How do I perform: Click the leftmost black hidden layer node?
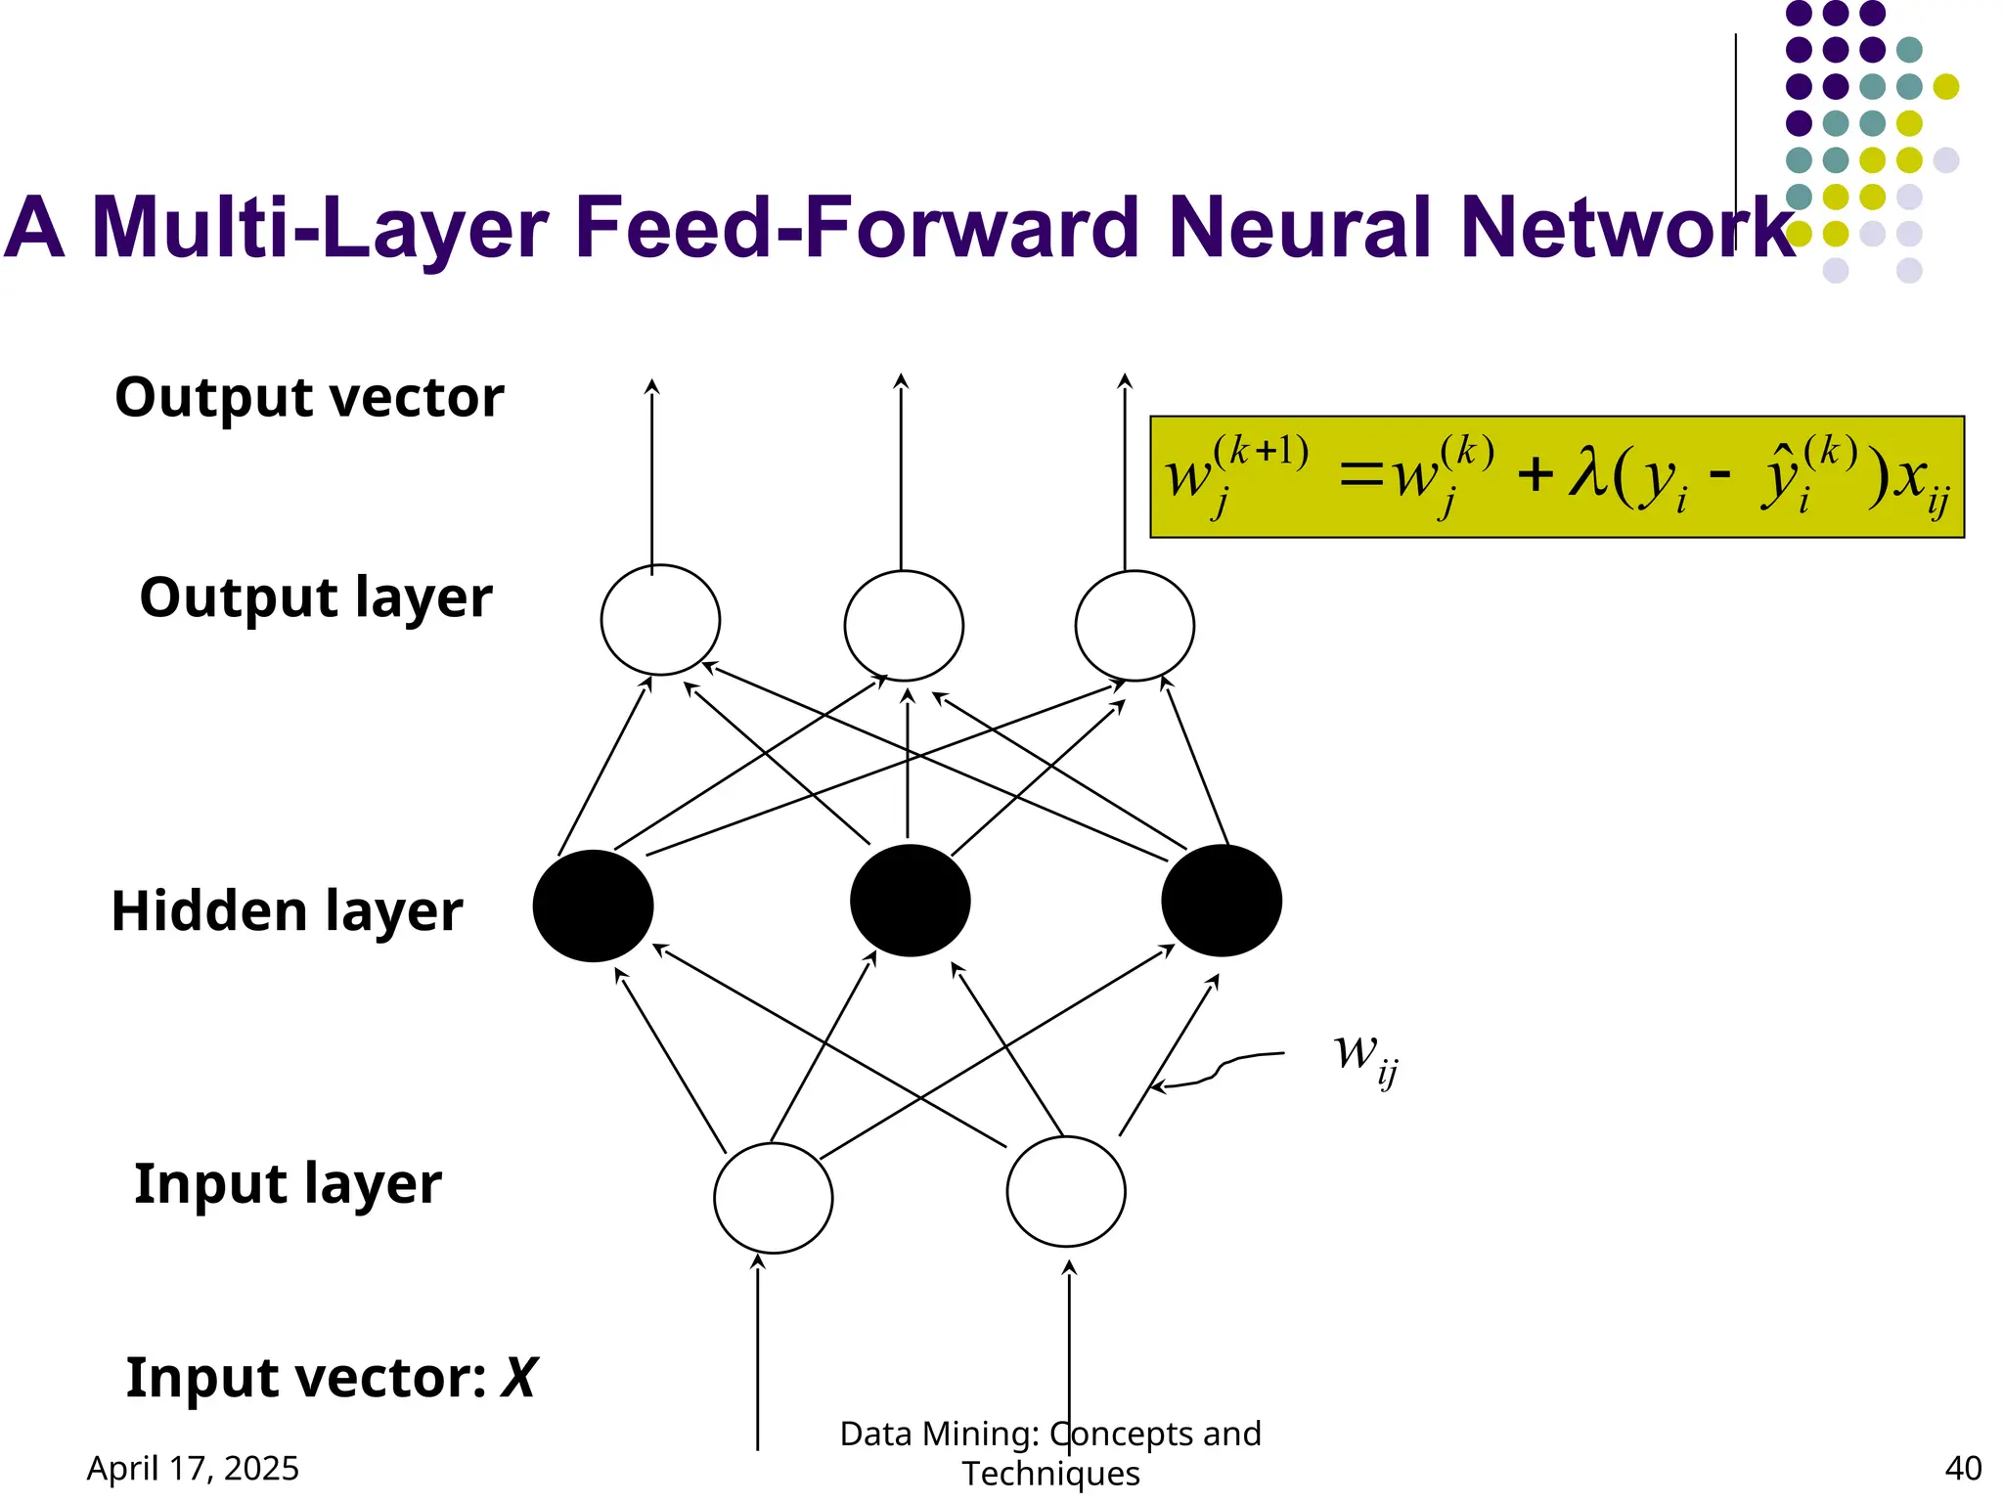click(593, 906)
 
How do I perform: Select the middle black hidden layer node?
click(910, 900)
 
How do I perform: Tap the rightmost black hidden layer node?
click(1222, 900)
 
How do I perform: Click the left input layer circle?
click(773, 1197)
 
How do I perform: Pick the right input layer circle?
click(1065, 1191)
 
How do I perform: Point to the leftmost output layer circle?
click(660, 620)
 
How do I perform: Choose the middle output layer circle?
click(904, 626)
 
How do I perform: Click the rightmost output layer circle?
click(1135, 626)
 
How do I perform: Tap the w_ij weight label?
click(1365, 1056)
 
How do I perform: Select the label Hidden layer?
click(287, 911)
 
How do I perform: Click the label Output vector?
click(309, 398)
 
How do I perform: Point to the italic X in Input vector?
click(518, 1379)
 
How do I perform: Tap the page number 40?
click(1963, 1468)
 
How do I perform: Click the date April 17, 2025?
click(193, 1468)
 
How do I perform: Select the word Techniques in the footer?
click(1050, 1474)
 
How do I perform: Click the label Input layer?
click(288, 1184)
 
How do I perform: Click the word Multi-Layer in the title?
click(319, 227)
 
